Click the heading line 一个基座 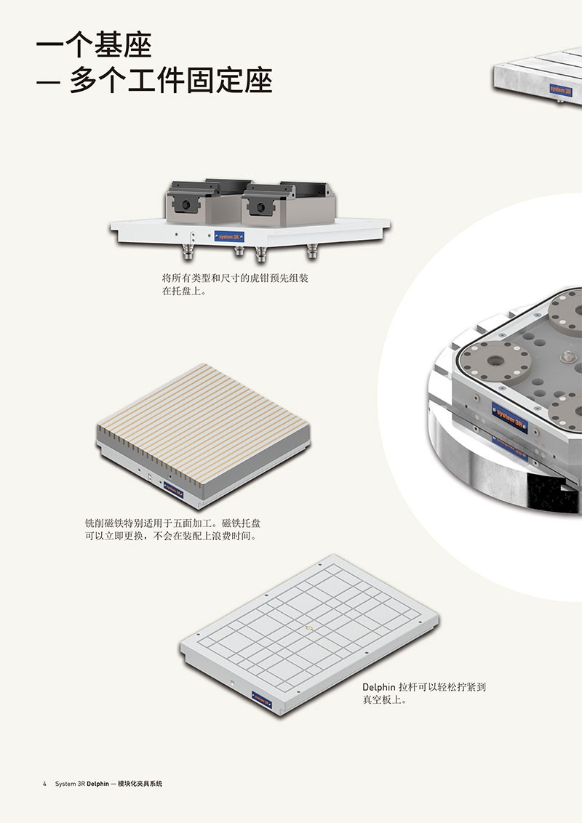pos(94,44)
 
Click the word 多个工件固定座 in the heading pos(171,80)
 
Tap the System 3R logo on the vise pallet pos(230,237)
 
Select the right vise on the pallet pos(288,204)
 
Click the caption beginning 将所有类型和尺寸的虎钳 pos(235,284)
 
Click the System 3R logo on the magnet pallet pos(174,490)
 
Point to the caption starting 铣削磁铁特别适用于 pos(173,529)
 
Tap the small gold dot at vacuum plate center pos(309,627)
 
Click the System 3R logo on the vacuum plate pos(262,699)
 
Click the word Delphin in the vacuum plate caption pos(379,686)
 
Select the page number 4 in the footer pos(44,784)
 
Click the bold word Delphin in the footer pos(98,784)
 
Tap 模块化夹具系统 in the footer pos(140,784)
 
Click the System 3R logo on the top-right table pos(561,89)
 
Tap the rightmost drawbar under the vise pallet pos(312,250)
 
